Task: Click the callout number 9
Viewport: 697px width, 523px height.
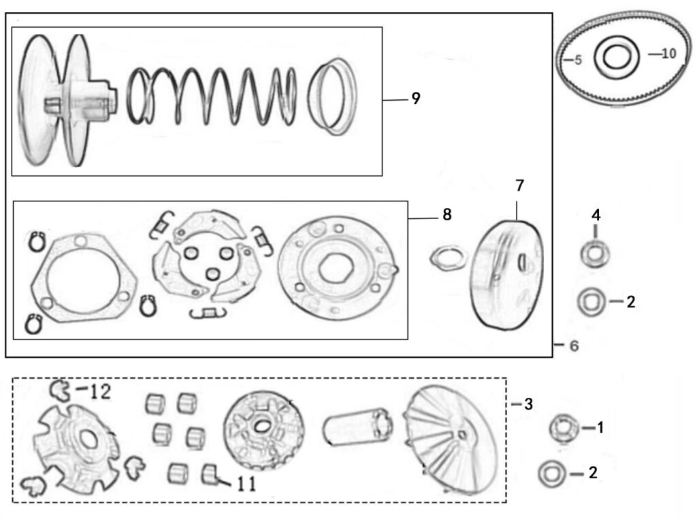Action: point(416,99)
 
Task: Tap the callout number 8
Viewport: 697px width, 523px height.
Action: point(447,215)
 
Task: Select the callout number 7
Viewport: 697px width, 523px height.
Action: point(519,186)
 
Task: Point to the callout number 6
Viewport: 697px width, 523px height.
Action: point(574,346)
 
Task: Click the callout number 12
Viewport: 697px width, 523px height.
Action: point(100,392)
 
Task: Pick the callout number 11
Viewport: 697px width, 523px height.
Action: point(246,484)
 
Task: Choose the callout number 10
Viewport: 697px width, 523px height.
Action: point(669,54)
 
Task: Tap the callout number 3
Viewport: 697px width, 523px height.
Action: point(528,405)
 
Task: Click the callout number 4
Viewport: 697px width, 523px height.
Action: point(596,216)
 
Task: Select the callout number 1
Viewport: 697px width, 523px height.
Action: point(600,428)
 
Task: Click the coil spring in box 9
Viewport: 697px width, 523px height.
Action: point(212,97)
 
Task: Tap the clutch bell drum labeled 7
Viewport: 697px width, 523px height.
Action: point(506,275)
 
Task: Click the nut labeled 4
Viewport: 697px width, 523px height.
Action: point(595,254)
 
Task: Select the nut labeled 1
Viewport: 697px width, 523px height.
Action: point(564,428)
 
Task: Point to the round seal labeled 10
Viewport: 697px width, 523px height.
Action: point(617,56)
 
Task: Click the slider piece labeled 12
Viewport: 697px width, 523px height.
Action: point(61,390)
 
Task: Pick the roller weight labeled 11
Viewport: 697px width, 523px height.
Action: point(210,475)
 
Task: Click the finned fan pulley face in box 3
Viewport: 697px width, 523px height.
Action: point(451,439)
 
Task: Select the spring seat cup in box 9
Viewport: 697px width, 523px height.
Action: point(332,97)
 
